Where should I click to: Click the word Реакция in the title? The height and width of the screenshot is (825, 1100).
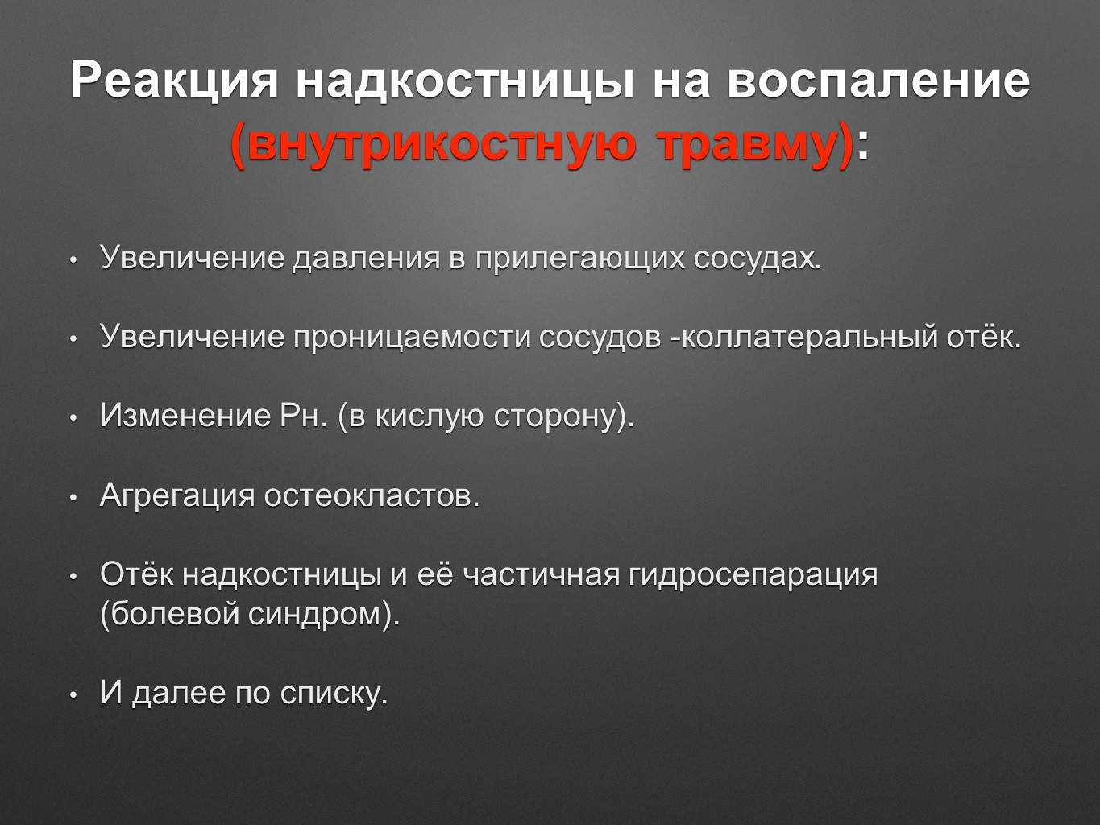coord(174,80)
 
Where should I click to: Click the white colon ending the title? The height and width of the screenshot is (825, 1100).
coord(862,149)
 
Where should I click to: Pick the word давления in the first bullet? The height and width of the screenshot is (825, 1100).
coord(366,259)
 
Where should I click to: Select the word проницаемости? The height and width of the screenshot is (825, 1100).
coord(412,337)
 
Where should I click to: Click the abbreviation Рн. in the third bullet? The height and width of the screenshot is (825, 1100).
coord(303,416)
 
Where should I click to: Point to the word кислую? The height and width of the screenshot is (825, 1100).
coord(430,417)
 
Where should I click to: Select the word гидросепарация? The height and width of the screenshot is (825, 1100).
coord(753,575)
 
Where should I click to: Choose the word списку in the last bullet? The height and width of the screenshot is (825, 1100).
coord(334,694)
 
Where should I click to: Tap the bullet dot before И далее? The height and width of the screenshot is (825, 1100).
coord(73,694)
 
